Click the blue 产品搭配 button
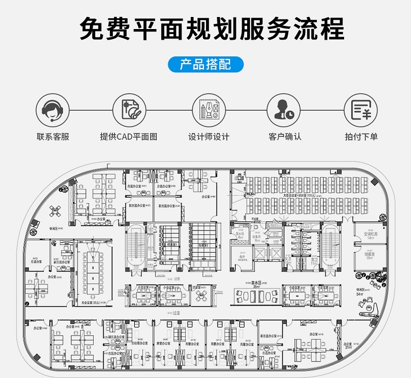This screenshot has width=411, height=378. (206, 65)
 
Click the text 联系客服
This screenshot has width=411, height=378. (53, 136)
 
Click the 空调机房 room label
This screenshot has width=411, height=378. (370, 234)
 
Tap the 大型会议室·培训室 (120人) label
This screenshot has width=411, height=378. (298, 195)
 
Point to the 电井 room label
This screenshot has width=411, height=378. (242, 256)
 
